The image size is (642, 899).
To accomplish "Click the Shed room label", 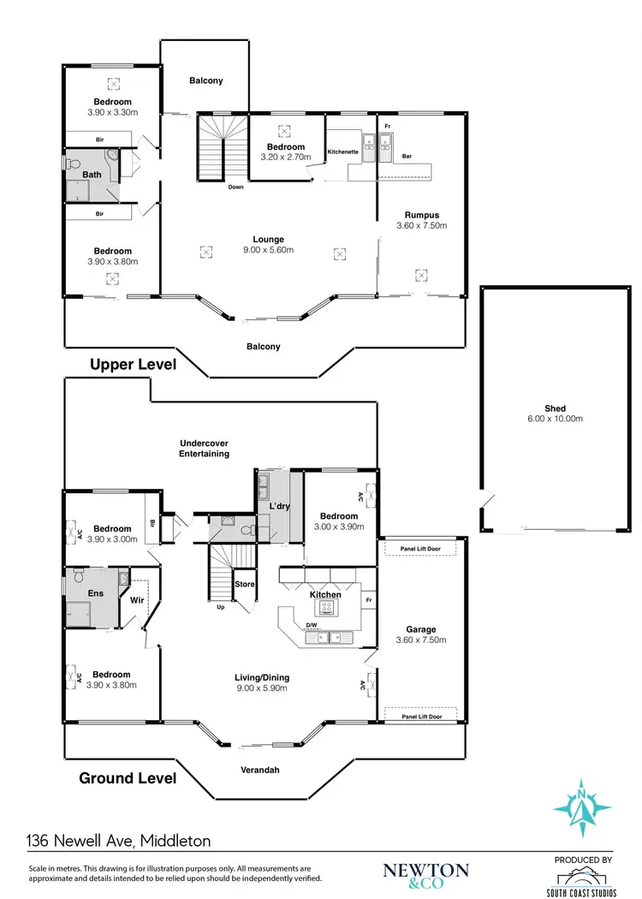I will [555, 408].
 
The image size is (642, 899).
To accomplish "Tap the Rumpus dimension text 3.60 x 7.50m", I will [422, 226].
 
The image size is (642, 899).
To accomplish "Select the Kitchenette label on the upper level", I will [344, 152].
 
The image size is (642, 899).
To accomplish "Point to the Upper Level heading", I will [134, 365].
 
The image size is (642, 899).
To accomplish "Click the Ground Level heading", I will [128, 778].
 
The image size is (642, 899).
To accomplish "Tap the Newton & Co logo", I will [425, 873].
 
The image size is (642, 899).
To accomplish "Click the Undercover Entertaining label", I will [205, 449].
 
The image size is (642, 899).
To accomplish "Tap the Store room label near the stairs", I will [245, 584].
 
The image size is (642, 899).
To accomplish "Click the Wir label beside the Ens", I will [136, 600].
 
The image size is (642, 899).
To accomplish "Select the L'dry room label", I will [279, 508].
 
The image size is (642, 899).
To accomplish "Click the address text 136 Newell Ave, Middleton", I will [119, 842].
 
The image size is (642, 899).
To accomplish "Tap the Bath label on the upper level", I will [92, 176].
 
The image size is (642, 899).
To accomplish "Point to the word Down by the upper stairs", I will [236, 187].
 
